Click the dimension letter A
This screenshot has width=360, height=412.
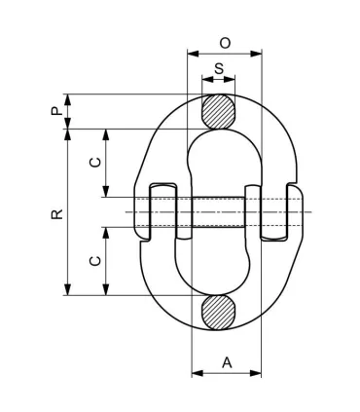tap(227, 362)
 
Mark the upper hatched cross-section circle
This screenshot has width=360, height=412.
tap(218, 109)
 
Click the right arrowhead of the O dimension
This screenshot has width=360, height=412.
tap(258, 54)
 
